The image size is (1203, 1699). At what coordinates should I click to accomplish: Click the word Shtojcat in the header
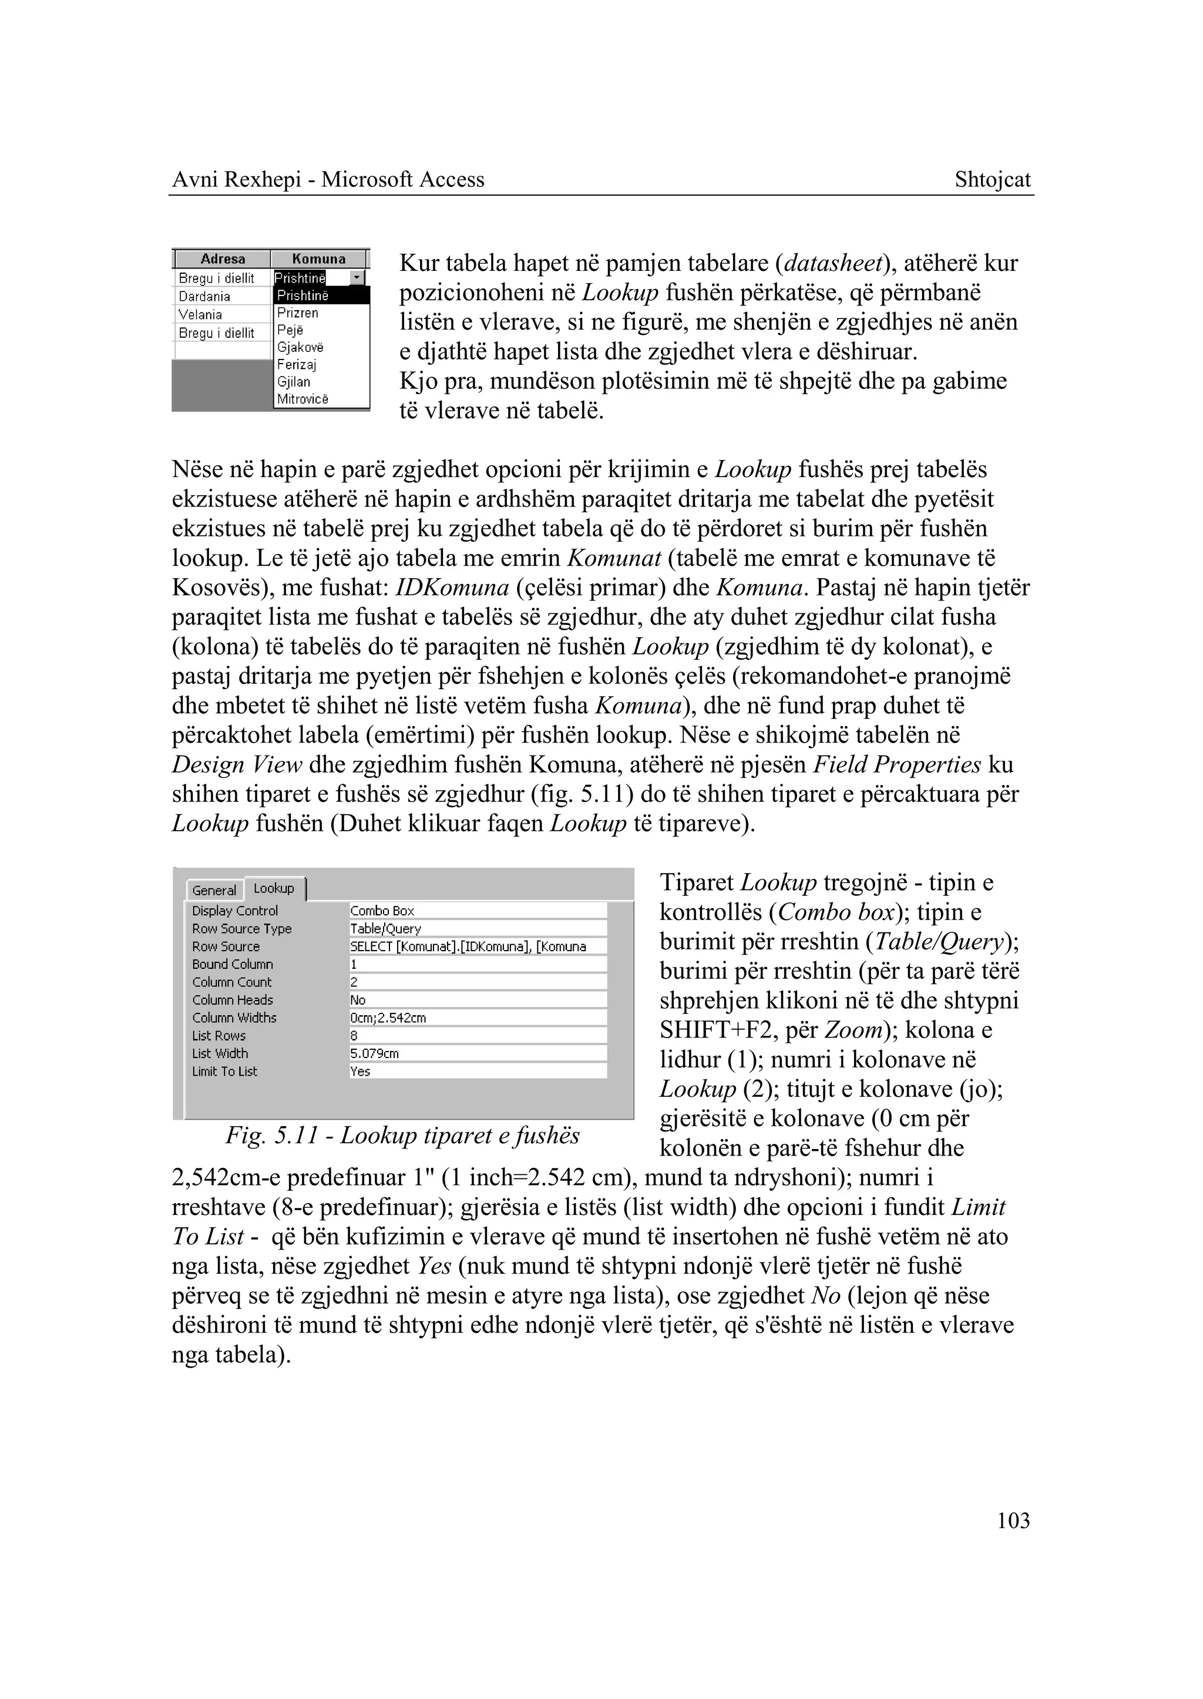pyautogui.click(x=992, y=180)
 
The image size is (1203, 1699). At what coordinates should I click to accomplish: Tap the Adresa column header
pyautogui.click(x=222, y=259)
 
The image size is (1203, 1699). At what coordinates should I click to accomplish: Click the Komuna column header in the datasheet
pyautogui.click(x=318, y=259)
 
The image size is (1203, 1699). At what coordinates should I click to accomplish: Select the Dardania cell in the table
pyautogui.click(x=204, y=296)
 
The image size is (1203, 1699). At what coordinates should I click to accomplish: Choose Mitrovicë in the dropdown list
pyautogui.click(x=303, y=399)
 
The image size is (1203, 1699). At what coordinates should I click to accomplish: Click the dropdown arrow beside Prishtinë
pyautogui.click(x=358, y=278)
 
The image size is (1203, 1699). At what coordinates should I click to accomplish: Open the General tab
pyautogui.click(x=213, y=890)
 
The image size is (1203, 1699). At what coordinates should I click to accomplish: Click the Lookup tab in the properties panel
pyautogui.click(x=274, y=888)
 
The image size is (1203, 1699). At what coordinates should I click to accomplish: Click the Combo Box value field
pyautogui.click(x=477, y=911)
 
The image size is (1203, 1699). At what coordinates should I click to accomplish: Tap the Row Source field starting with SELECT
pyautogui.click(x=477, y=946)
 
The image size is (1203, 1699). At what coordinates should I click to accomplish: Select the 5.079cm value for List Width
pyautogui.click(x=477, y=1053)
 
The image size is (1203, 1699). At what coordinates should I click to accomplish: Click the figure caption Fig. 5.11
pyautogui.click(x=402, y=1135)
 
